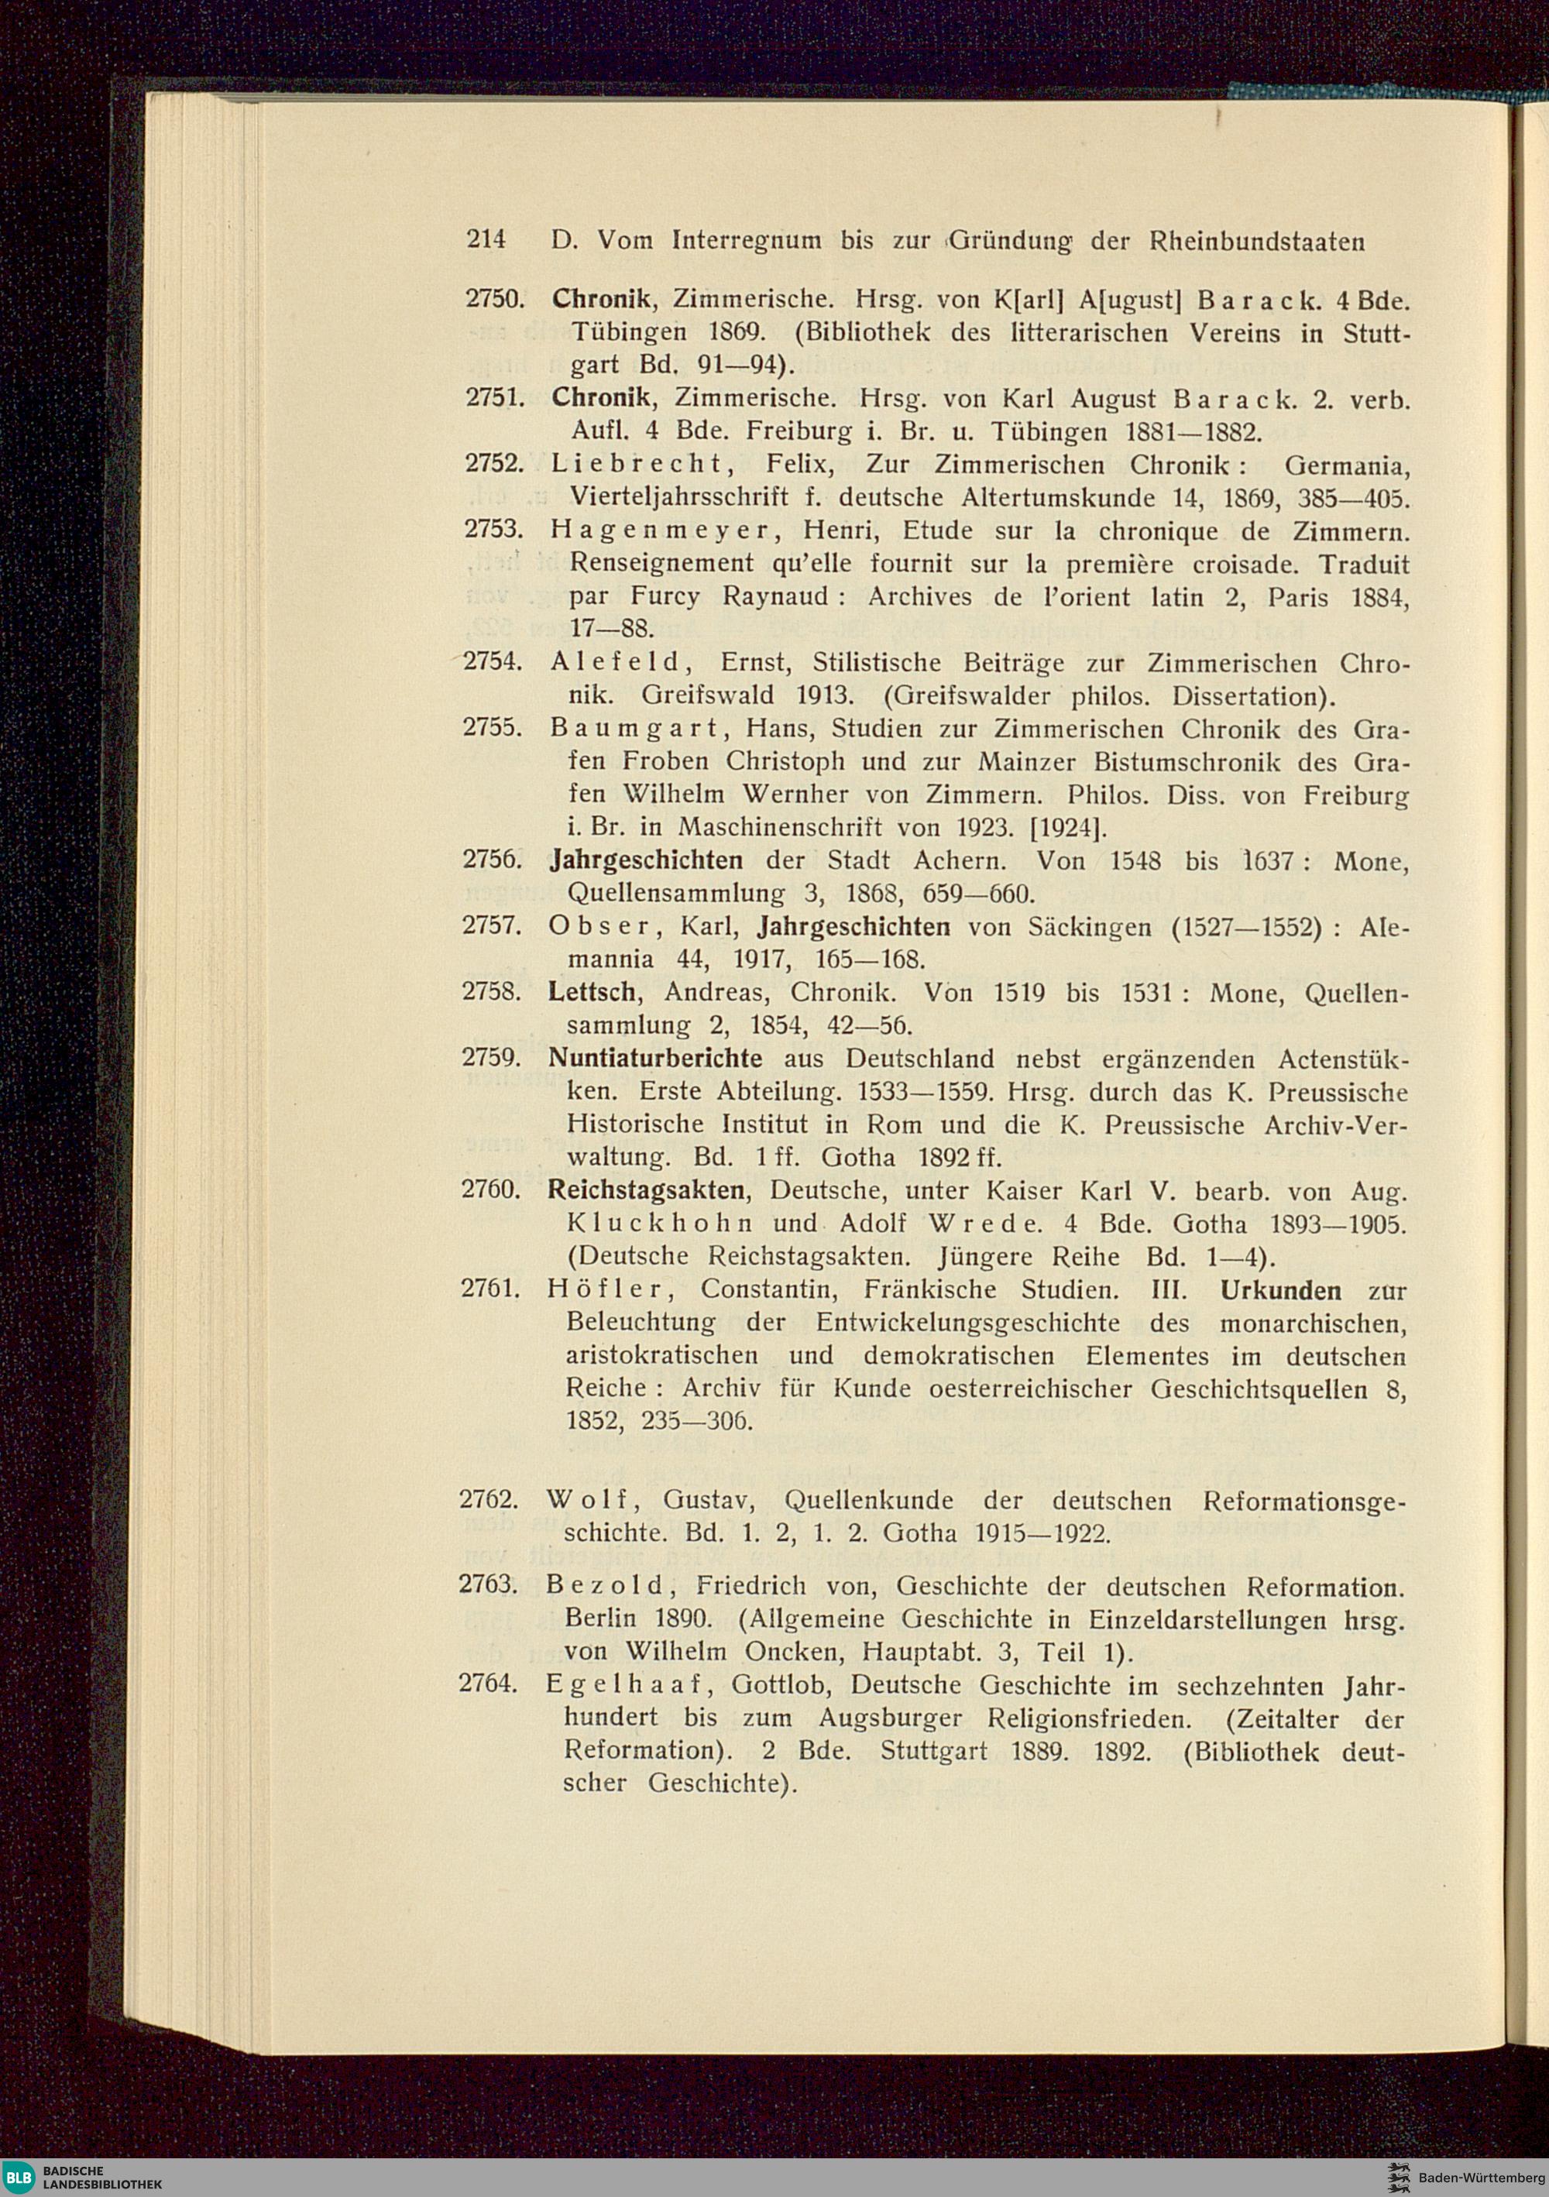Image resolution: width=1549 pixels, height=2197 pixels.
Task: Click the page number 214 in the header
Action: point(486,239)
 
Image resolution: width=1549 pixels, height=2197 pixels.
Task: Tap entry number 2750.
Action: point(493,299)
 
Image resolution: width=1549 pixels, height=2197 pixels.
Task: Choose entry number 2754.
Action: point(491,662)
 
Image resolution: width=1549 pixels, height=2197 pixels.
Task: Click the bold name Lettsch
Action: point(592,992)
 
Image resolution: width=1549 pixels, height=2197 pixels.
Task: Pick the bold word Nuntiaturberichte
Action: point(655,1059)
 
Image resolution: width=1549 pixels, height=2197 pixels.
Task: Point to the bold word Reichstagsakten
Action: point(646,1190)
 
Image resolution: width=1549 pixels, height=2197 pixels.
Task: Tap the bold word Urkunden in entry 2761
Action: point(1280,1290)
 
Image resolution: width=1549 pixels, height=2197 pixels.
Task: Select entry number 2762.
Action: point(488,1499)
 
